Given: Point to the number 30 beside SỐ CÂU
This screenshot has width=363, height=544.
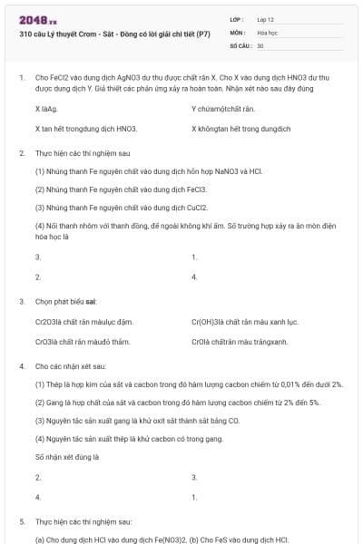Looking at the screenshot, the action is (x=260, y=45).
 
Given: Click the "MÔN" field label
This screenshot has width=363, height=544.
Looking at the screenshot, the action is (x=238, y=32).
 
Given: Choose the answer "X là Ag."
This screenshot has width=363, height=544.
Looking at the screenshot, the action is (x=46, y=109).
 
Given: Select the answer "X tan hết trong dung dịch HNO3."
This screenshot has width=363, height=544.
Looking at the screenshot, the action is (x=86, y=129).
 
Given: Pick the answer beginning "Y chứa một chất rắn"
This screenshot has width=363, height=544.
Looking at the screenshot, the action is (x=223, y=109).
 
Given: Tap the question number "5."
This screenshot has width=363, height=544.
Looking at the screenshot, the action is (x=22, y=523).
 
